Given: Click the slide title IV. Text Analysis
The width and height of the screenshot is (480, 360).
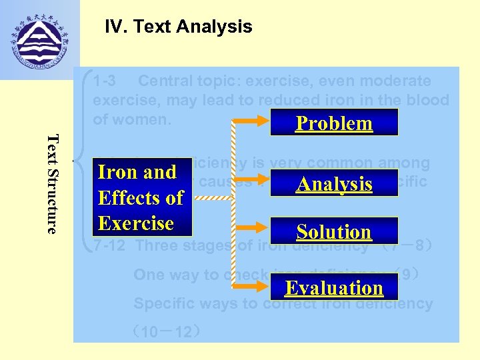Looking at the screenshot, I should point(179,27).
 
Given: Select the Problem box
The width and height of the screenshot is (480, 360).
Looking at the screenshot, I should point(334,123).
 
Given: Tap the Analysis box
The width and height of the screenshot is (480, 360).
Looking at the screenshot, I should point(334,183).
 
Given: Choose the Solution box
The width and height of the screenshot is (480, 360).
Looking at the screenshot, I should point(334,231).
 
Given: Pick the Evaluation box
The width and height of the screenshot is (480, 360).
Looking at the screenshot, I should point(334,287).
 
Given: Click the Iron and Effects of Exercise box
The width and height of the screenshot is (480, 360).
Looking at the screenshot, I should point(141,197).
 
